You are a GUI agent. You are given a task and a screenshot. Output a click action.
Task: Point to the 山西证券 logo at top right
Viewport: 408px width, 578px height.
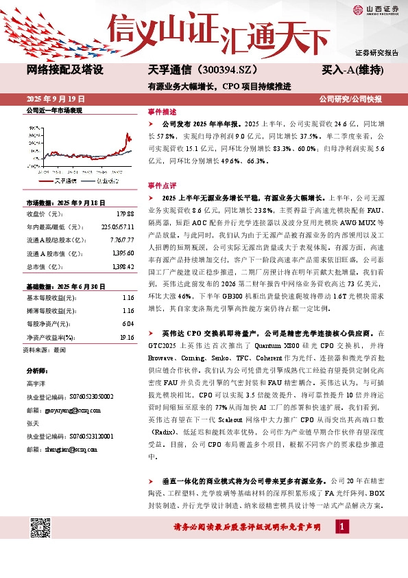pyautogui.click(x=374, y=10)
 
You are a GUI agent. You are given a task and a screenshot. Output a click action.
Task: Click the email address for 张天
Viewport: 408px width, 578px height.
pyautogui.click(x=64, y=449)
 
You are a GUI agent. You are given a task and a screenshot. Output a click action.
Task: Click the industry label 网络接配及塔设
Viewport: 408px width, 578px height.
pyautogui.click(x=64, y=70)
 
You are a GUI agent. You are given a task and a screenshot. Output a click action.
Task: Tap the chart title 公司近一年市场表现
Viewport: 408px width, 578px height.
pyautogui.click(x=53, y=111)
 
